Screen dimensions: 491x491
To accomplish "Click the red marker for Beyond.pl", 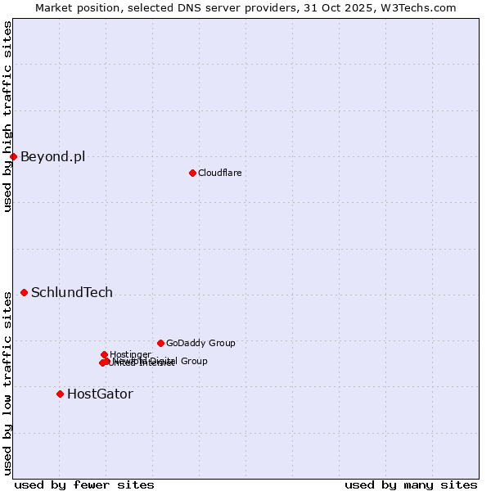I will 13,156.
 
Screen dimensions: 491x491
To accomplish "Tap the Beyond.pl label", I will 52,157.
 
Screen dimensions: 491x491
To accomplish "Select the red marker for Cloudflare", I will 192,173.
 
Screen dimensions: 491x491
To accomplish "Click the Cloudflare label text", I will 219,173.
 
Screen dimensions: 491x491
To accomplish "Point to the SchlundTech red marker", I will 24,292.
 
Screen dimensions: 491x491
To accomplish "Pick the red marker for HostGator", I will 60,394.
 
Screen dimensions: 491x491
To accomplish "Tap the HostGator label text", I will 100,394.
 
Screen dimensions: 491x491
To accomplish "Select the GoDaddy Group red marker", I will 160,343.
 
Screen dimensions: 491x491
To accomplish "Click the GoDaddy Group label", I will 200,344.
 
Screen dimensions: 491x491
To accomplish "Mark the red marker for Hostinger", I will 104,354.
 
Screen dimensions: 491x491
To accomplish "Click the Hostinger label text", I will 130,354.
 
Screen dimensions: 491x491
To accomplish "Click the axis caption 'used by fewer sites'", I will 84,484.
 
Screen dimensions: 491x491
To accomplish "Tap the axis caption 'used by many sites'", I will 411,484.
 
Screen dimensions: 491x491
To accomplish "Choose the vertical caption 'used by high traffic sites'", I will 7,116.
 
